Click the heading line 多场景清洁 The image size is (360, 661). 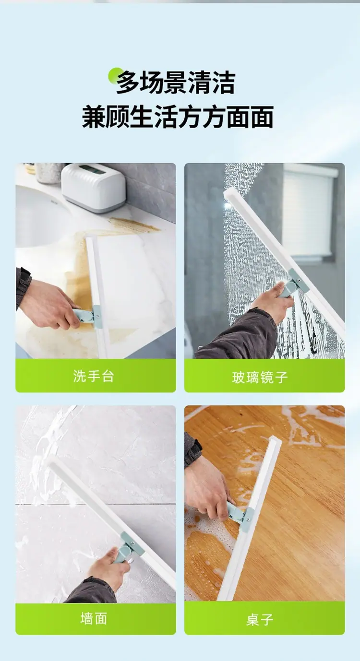[x=176, y=83]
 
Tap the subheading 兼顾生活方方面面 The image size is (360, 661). [x=178, y=117]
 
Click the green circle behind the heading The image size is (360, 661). [x=116, y=75]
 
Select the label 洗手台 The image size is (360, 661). [x=94, y=376]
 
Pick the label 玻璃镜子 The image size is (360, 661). [x=260, y=378]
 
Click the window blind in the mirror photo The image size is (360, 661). [x=309, y=211]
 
